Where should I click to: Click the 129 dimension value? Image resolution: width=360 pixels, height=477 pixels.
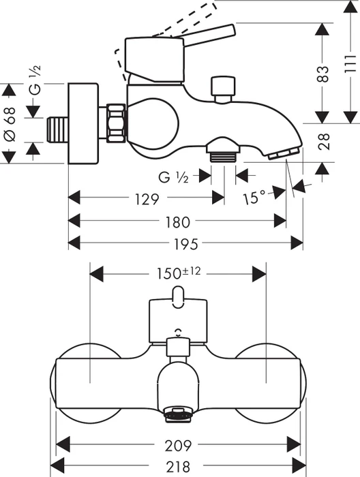147,199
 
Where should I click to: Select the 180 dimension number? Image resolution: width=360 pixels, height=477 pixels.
177,221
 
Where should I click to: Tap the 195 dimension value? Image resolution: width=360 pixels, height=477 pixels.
185,244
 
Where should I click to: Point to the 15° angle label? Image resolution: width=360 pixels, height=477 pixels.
254,198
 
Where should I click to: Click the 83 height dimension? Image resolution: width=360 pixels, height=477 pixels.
323,74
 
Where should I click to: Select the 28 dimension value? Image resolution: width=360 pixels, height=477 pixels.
323,142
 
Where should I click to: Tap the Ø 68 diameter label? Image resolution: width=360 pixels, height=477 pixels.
10,123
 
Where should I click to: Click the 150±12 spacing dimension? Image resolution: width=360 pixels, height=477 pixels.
179,273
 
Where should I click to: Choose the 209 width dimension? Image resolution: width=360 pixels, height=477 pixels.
179,446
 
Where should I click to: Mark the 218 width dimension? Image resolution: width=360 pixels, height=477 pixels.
178,466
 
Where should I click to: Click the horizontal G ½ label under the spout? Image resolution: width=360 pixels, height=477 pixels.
173,177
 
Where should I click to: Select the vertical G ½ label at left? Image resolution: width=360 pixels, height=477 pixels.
36,80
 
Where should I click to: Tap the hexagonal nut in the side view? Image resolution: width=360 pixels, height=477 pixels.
116,123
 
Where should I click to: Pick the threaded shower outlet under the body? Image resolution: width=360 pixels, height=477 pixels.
223,157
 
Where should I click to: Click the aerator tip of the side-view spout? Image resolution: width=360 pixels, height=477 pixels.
284,153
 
